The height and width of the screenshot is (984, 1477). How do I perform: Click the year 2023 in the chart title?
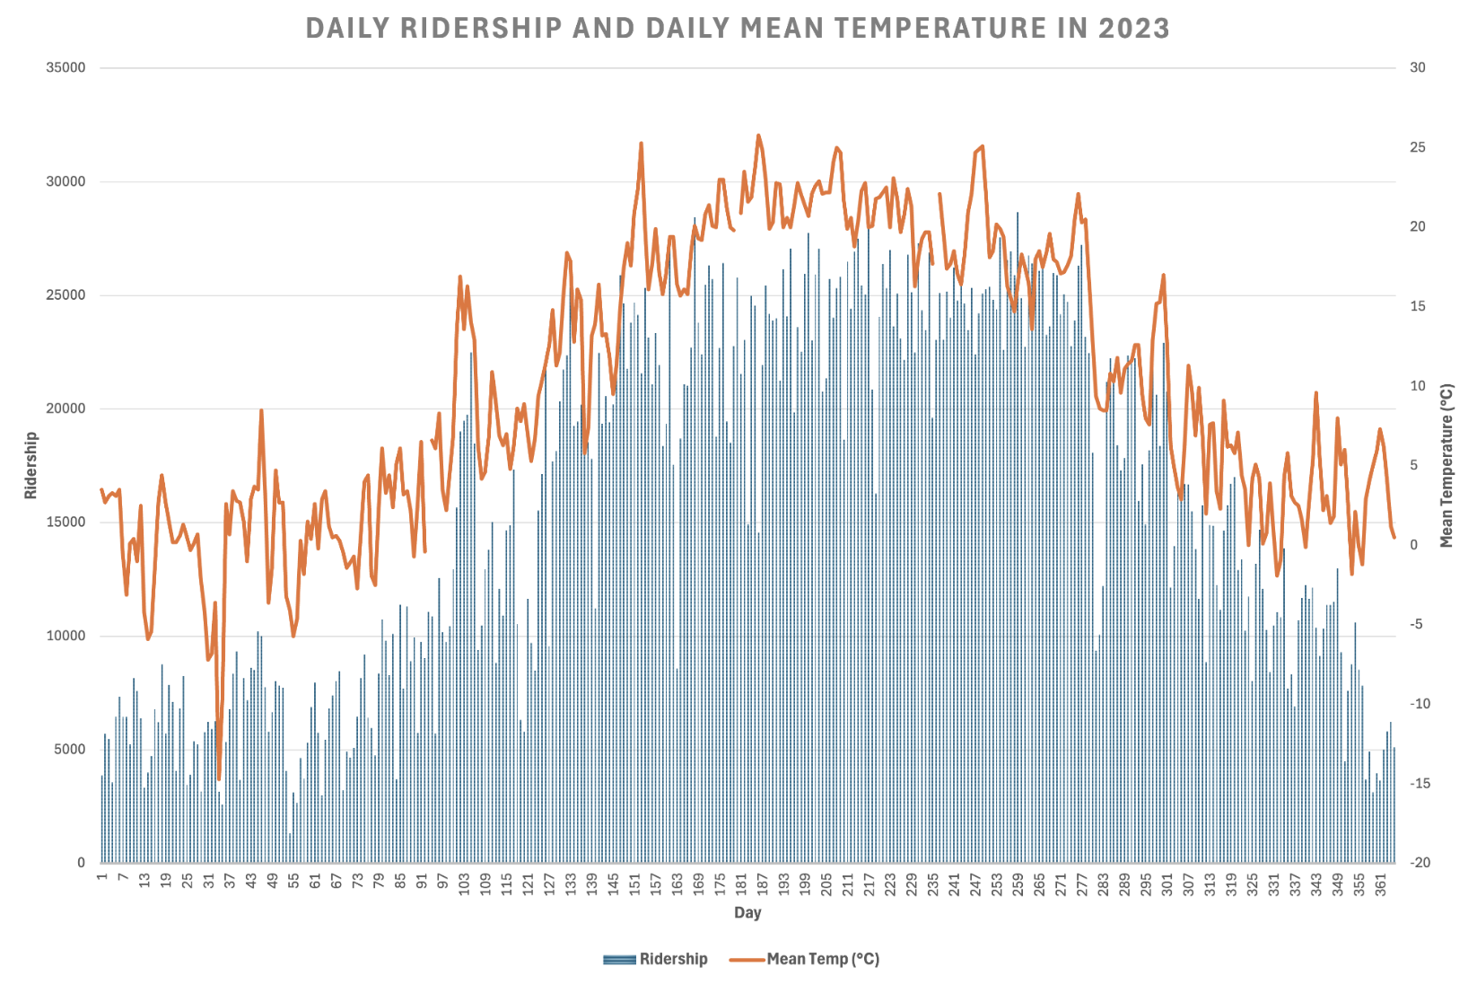click(x=1134, y=29)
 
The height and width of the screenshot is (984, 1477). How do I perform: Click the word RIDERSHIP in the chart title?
click(x=481, y=29)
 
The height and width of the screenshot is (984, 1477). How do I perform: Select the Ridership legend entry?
click(x=656, y=959)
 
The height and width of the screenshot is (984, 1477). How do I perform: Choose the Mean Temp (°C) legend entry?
click(x=805, y=959)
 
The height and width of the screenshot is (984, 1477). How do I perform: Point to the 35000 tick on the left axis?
click(x=66, y=68)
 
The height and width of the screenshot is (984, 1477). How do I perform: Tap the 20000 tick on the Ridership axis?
click(x=66, y=409)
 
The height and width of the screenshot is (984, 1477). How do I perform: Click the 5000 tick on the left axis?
click(x=70, y=750)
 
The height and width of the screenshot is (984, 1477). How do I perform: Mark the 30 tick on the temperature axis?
click(x=1417, y=68)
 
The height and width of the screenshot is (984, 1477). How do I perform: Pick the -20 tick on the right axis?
click(x=1420, y=863)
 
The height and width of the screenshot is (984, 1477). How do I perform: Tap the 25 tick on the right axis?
click(x=1417, y=147)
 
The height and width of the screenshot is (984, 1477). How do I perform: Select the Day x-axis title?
click(x=747, y=912)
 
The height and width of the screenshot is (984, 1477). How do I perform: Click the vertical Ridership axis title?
click(x=31, y=465)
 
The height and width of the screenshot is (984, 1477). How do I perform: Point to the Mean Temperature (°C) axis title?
click(x=1446, y=465)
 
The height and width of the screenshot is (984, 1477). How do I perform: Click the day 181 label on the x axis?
click(x=741, y=884)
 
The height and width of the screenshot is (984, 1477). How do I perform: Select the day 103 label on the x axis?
click(x=464, y=884)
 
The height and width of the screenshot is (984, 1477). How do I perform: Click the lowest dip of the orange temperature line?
click(x=218, y=779)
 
